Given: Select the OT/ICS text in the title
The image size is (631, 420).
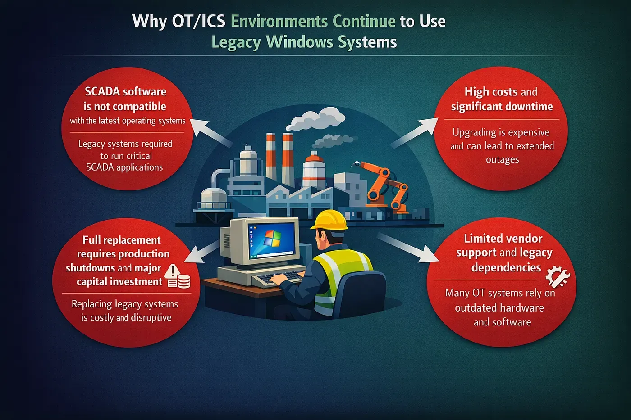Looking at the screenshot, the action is pyautogui.click(x=199, y=21).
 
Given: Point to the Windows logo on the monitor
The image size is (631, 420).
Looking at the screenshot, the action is pyautogui.click(x=272, y=238).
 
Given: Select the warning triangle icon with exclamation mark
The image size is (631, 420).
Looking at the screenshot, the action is pyautogui.click(x=172, y=271).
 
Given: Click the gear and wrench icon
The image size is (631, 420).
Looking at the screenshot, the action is pyautogui.click(x=558, y=277).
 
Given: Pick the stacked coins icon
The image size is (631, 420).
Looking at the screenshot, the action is pyautogui.click(x=180, y=281).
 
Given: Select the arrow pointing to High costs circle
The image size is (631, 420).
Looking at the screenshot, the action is pyautogui.click(x=414, y=133).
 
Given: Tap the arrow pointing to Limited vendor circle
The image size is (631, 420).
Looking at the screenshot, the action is pyautogui.click(x=408, y=248).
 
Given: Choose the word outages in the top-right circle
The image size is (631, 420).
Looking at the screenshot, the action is pyautogui.click(x=502, y=160).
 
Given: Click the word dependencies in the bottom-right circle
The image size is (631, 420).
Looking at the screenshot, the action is pyautogui.click(x=506, y=267).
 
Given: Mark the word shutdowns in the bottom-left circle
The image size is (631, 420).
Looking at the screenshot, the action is pyautogui.click(x=91, y=268).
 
